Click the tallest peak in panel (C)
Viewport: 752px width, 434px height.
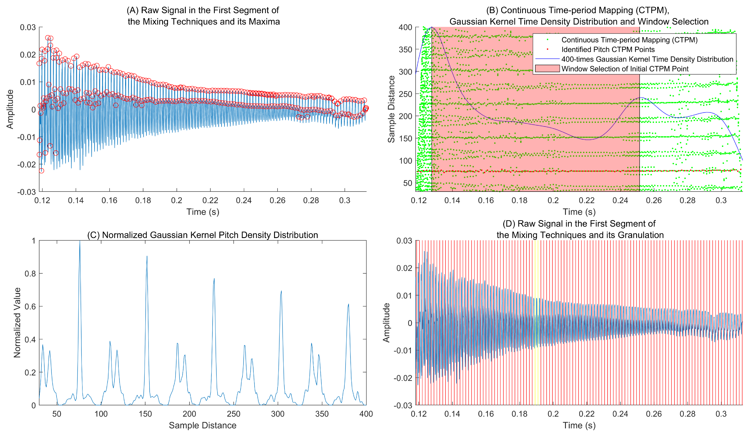click(80, 242)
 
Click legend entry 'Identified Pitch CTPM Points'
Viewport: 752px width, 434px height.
click(608, 49)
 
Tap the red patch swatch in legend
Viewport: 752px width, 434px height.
click(547, 69)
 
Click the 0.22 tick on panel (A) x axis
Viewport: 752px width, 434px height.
click(210, 200)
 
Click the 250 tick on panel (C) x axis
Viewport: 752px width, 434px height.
click(234, 414)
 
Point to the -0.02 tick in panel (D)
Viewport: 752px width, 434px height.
click(404, 378)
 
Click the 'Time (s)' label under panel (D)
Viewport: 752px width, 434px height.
click(579, 425)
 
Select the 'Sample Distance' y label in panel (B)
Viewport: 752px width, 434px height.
click(391, 109)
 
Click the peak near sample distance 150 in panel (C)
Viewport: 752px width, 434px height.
click(147, 257)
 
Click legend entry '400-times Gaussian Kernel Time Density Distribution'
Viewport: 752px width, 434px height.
click(647, 59)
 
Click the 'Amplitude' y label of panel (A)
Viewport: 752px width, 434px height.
click(10, 109)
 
